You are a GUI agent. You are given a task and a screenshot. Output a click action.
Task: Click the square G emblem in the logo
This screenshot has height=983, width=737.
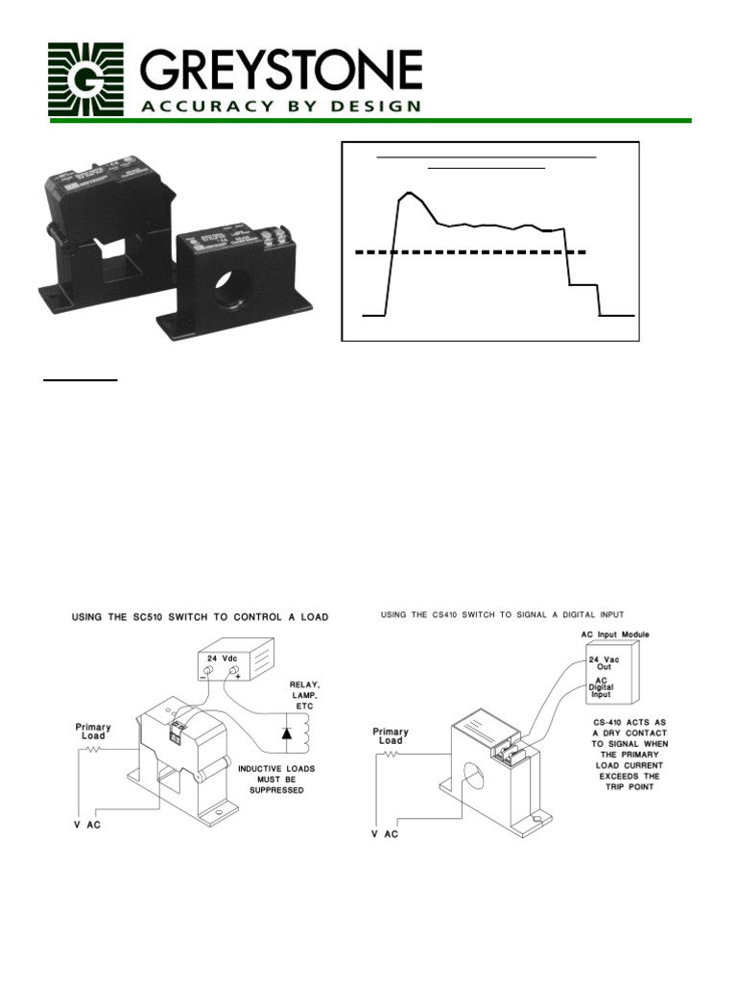85,80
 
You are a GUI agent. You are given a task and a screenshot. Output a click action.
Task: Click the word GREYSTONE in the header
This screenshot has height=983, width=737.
280,70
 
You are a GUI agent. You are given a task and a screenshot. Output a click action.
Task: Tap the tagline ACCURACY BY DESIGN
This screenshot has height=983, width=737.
280,106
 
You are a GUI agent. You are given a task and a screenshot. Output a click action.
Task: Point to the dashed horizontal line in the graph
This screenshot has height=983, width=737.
470,252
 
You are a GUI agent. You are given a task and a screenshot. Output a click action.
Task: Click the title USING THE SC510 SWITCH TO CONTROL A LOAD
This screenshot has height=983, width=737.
200,617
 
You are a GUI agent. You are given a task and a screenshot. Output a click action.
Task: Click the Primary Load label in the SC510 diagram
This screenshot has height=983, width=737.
93,733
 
